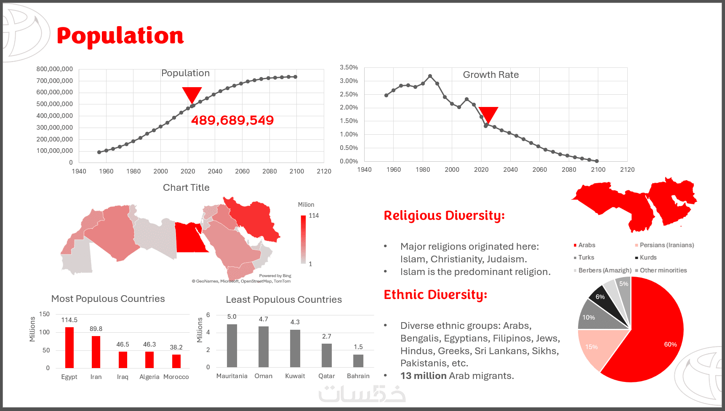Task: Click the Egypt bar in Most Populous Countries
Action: coord(69,347)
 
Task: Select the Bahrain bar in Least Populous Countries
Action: coord(358,361)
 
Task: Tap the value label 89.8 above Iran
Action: coord(96,329)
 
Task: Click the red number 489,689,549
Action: coord(232,120)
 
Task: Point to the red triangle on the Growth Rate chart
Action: coord(488,114)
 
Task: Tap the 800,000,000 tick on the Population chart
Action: coord(55,69)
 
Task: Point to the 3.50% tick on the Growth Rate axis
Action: coord(349,67)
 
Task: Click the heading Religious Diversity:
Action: coord(444,216)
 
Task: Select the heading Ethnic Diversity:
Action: coord(435,295)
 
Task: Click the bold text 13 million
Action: coord(424,376)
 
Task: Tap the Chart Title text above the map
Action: coord(186,188)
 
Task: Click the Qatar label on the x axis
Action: coord(327,376)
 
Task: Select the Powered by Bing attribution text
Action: coord(275,276)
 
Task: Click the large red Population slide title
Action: coord(120,36)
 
